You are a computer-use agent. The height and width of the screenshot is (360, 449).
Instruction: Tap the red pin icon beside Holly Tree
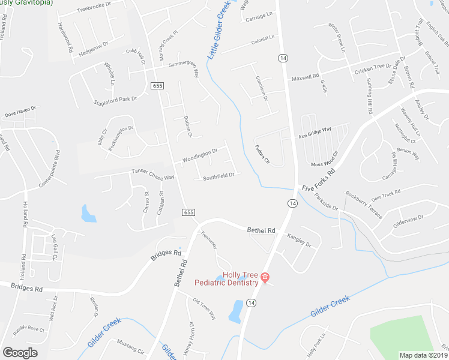click(x=265, y=277)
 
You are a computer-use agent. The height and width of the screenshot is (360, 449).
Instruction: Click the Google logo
click(x=20, y=352)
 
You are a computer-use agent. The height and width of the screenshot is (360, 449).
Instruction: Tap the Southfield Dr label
click(x=218, y=177)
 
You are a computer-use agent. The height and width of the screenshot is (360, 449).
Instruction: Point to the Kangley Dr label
click(x=300, y=241)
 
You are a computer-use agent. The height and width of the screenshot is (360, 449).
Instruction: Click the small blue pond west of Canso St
click(x=89, y=214)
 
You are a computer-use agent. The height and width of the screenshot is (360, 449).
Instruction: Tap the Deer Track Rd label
click(x=386, y=194)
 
